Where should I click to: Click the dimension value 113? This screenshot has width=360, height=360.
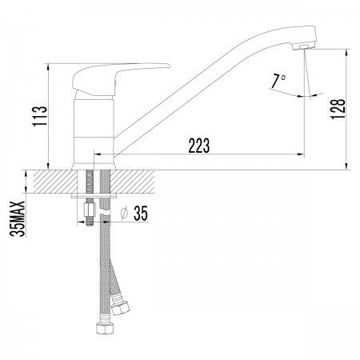(40, 116)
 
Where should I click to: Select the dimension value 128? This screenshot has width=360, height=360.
(338, 109)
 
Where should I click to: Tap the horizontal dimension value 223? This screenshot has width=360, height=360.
(199, 146)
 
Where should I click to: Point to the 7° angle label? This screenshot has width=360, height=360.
(278, 81)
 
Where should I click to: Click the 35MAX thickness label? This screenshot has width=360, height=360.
(18, 218)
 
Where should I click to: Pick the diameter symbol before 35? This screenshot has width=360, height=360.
(124, 214)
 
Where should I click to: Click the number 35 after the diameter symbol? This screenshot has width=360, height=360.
(141, 214)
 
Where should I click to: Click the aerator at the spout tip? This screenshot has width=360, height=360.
(304, 46)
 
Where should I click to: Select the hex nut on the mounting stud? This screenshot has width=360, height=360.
(90, 210)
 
